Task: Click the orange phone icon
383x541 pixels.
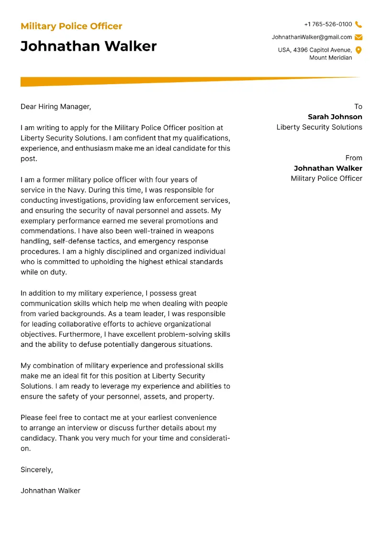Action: coord(359,24)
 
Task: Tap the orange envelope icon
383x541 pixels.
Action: coord(359,37)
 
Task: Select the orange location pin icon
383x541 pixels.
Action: coord(359,50)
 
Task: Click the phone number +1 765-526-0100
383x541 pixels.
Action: coord(328,24)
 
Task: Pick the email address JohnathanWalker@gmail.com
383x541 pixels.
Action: coord(312,37)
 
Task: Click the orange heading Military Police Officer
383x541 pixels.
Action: coord(71,26)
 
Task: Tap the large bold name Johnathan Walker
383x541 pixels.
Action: coord(89,46)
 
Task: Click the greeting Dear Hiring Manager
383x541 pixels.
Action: coord(56,107)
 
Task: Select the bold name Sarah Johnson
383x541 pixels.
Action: coord(335,117)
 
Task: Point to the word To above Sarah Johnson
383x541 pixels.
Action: coord(358,107)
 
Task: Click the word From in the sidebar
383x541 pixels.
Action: coord(354,158)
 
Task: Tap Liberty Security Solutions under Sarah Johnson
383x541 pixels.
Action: coord(319,127)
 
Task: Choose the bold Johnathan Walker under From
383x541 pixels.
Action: coord(328,168)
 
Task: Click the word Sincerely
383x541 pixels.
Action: coord(36,470)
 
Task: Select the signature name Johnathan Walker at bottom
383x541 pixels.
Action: coord(50,490)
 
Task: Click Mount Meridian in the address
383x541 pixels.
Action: coord(330,58)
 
